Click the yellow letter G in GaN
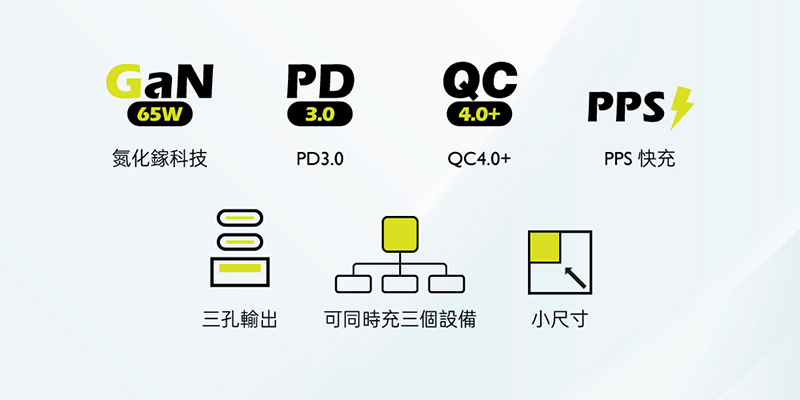[121, 82]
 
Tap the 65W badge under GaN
[159, 115]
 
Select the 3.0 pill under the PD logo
[320, 115]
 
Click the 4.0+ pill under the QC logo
[479, 115]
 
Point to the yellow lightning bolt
[681, 108]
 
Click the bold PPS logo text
[627, 107]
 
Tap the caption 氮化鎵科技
[160, 159]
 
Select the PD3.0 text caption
[320, 159]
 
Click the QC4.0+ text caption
[479, 159]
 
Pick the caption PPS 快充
[640, 159]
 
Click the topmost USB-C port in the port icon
[240, 218]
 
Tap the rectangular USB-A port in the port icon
[240, 272]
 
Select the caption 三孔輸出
[240, 320]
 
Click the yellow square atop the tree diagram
[400, 234]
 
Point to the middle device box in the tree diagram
[400, 284]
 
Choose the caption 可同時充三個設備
[400, 320]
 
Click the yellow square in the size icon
[545, 247]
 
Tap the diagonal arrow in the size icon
[574, 278]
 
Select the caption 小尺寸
[560, 320]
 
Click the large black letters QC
[480, 82]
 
